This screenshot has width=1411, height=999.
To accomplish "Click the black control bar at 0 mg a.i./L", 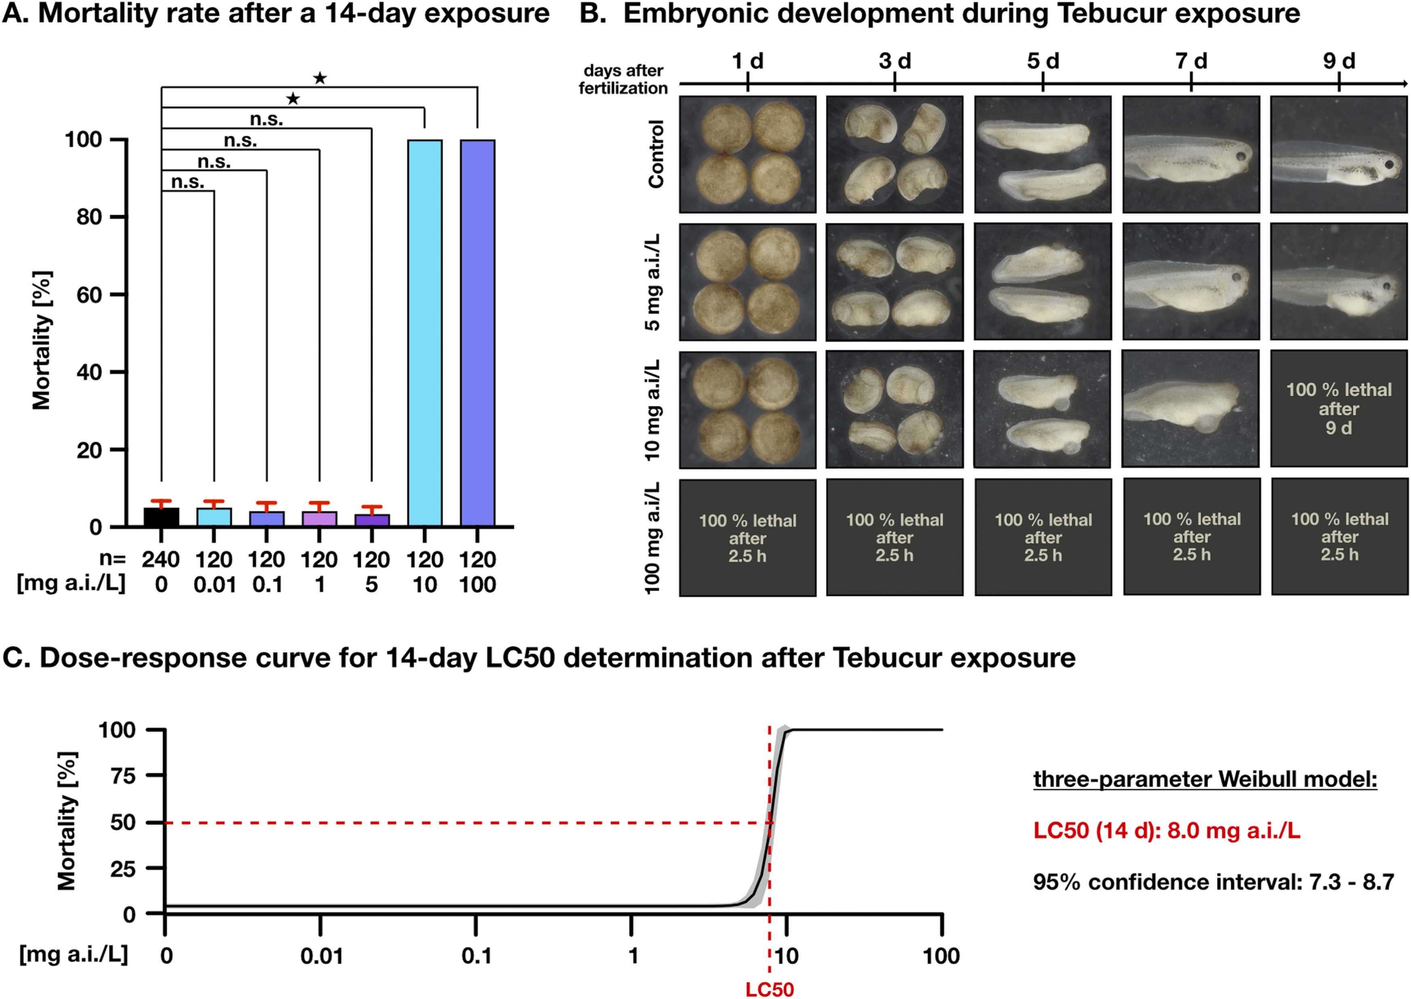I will (x=161, y=517).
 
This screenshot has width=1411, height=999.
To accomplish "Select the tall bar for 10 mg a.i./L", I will (x=425, y=332).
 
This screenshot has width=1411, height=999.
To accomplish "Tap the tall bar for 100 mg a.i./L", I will (x=477, y=332).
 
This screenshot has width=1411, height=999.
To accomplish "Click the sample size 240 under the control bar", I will (x=161, y=560).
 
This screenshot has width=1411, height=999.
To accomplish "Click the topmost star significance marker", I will (x=320, y=78).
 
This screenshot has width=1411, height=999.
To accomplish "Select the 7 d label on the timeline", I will (x=1191, y=61).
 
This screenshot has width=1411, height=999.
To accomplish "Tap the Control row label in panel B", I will (x=656, y=154).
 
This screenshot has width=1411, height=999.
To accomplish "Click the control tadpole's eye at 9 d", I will (x=1390, y=165).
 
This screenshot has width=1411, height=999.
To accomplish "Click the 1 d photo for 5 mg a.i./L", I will (x=747, y=282).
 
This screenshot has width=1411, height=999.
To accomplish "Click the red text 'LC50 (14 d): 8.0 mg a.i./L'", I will (x=1167, y=831).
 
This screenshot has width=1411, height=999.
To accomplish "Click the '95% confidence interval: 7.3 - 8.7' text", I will (x=1213, y=882).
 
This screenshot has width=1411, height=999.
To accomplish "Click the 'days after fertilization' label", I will (x=623, y=80).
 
